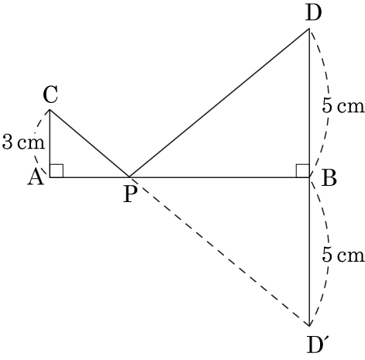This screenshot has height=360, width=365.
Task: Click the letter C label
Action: coord(50,95)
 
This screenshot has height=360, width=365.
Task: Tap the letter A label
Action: coord(36,177)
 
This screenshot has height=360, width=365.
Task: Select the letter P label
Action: coord(129,194)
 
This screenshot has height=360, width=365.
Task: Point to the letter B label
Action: coord(329,178)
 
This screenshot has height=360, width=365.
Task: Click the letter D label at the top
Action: coord(313,12)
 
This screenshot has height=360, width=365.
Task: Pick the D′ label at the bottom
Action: coord(316,345)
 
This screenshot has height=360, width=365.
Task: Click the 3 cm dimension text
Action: coord(23,142)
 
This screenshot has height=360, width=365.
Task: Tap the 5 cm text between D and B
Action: coord(343,106)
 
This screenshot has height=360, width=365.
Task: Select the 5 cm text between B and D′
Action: coord(343,255)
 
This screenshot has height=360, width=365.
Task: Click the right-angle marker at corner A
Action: coord(57,171)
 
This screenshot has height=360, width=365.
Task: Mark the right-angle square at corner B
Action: coord(303,171)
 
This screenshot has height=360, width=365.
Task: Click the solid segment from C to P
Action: coord(89,143)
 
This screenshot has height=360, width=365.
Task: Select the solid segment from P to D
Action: coord(219,103)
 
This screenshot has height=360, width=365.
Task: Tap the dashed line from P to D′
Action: coord(219,252)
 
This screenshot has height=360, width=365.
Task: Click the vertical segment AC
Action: coord(50,144)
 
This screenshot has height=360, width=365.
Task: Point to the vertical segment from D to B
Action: coord(309,103)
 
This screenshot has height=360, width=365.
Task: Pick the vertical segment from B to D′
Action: coord(309,252)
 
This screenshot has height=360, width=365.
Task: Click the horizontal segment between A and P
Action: coord(89,177)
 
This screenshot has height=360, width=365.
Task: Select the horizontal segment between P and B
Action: coord(219,177)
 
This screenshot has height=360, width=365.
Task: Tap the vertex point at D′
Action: coord(309,326)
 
